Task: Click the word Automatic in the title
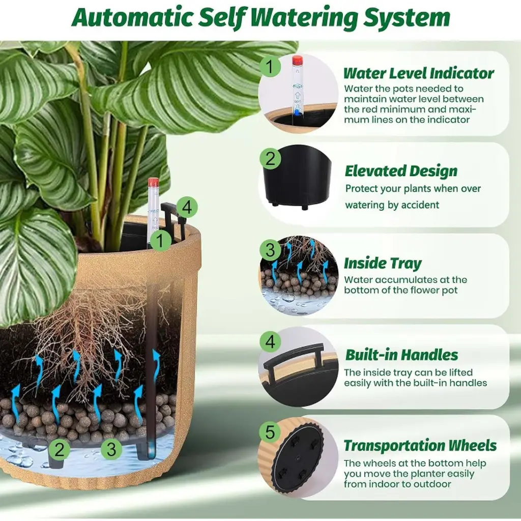click(132, 17)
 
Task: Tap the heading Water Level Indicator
click(419, 73)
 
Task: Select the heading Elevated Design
click(401, 171)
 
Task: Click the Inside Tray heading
click(383, 263)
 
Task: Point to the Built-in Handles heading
click(401, 355)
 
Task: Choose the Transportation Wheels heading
click(420, 446)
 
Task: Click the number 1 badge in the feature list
click(270, 67)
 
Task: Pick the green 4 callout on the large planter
click(187, 208)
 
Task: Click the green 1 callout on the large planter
click(161, 240)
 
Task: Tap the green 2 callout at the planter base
click(60, 449)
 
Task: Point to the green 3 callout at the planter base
click(111, 449)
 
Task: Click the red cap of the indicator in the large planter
click(153, 182)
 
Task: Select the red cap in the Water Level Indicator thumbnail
click(297, 60)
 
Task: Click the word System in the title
click(407, 17)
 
